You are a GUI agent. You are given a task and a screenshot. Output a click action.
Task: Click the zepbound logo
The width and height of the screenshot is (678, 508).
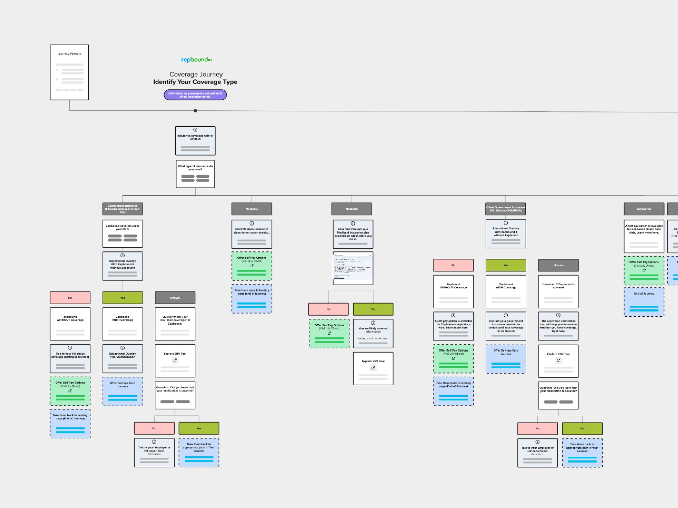[x=196, y=60]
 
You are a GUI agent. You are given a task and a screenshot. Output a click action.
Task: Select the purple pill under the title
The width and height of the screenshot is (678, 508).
[x=195, y=95]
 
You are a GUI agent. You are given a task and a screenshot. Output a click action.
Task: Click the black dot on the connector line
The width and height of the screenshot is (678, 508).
[x=195, y=111]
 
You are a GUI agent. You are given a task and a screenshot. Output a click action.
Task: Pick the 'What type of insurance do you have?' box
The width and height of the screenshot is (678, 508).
[x=195, y=174]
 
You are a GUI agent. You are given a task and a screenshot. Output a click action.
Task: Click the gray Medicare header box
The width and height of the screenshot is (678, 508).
[x=252, y=209]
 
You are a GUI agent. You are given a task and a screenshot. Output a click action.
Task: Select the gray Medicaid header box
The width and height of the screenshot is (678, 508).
[x=352, y=209]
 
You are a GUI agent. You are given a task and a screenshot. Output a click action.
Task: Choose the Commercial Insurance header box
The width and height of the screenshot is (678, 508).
[x=122, y=209]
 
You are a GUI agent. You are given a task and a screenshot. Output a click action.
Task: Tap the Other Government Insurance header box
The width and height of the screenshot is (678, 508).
[x=506, y=209]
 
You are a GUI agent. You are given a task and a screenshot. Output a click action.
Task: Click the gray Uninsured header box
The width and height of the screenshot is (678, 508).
[x=644, y=209]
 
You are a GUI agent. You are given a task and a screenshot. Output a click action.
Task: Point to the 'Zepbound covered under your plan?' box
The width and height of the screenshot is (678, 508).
[x=122, y=233]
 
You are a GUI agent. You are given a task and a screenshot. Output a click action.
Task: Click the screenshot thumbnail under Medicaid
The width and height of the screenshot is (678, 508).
[x=353, y=268]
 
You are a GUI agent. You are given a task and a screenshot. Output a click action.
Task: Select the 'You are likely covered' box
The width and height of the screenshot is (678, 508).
[x=373, y=334]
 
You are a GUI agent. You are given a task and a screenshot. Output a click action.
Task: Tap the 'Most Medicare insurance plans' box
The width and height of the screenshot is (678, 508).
[x=252, y=234]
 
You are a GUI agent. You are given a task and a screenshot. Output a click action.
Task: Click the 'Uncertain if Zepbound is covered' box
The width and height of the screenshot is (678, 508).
[x=558, y=291]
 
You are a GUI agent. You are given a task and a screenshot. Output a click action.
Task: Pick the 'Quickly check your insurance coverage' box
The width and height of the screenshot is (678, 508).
[x=175, y=324]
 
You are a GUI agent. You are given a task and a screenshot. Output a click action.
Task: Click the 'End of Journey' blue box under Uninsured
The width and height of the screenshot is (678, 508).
[x=644, y=302]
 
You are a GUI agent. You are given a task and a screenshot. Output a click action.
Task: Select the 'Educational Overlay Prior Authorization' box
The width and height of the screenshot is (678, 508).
[x=122, y=359]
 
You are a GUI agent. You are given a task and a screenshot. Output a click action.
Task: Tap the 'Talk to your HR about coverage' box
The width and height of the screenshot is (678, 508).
[x=70, y=359]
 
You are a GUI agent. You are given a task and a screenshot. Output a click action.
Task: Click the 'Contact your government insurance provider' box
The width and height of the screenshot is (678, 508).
[x=506, y=326]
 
